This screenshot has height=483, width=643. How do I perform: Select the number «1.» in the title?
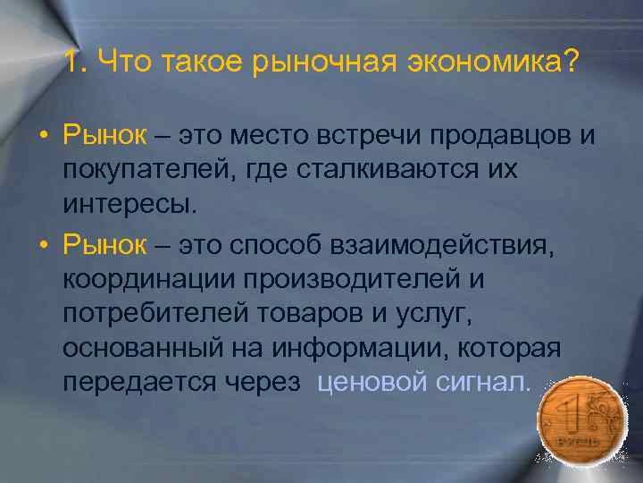coord(76,63)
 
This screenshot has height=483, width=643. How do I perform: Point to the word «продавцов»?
coord(482,136)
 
